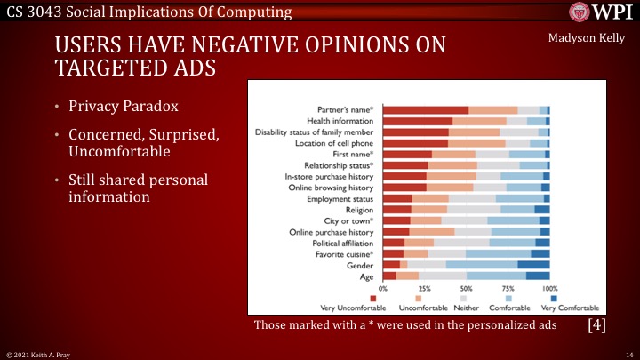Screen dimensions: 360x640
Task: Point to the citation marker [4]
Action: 597,324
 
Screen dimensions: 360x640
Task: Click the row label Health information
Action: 340,120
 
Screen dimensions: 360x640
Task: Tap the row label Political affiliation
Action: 342,242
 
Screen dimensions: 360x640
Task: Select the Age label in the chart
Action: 366,276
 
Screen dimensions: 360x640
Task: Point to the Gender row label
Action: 360,265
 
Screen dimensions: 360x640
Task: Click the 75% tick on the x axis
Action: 508,290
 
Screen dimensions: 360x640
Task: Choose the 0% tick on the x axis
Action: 383,290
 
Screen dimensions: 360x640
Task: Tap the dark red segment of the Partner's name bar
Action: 426,109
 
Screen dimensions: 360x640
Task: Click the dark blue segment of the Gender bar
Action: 533,265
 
